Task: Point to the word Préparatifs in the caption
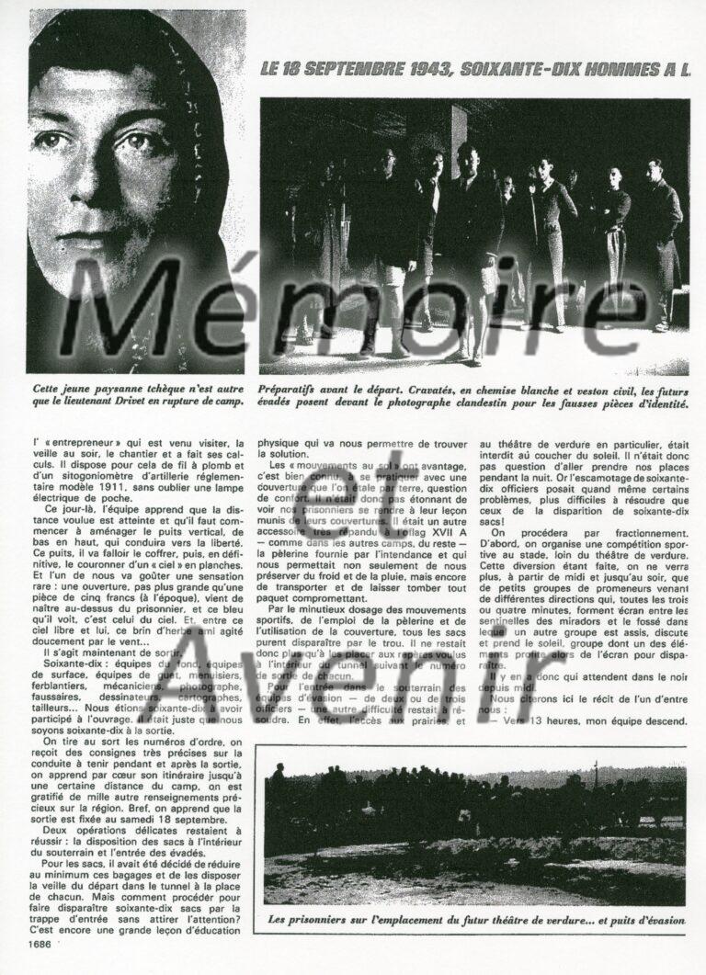[x=294, y=388]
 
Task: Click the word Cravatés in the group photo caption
[x=462, y=388]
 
